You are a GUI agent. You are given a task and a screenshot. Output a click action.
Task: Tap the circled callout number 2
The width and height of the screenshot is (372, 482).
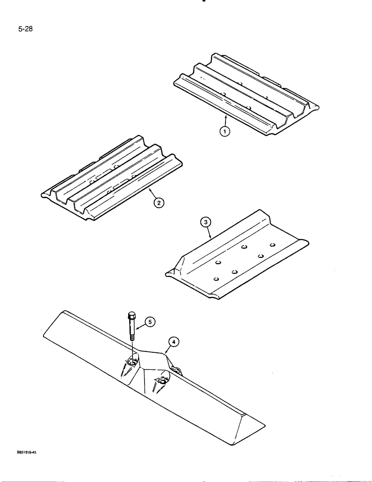[158, 202]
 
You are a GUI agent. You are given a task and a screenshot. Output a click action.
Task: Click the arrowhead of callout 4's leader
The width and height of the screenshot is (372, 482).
[165, 355]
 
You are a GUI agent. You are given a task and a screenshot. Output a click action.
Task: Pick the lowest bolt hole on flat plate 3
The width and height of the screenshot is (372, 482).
[215, 278]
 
